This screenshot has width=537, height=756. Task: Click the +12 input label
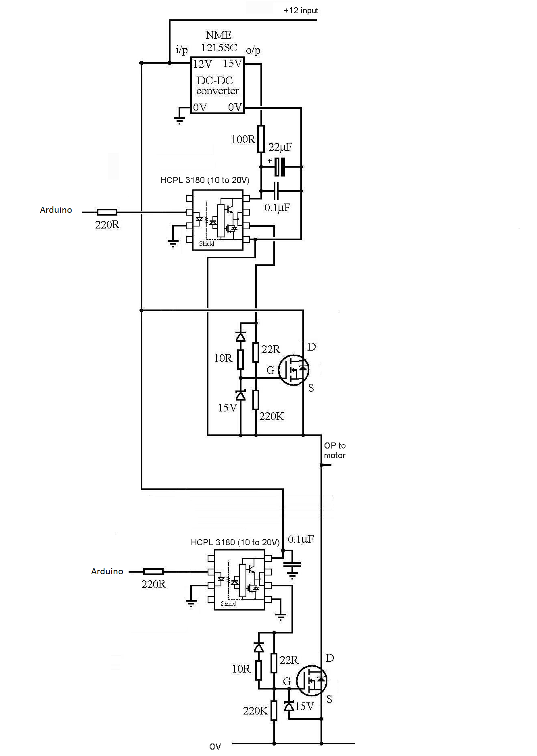point(301,10)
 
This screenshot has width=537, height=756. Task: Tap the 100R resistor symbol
point(261,139)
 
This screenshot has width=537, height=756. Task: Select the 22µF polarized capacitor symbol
point(280,166)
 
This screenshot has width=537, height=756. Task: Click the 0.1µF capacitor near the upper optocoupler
point(277,191)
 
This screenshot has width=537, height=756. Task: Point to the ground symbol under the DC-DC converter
point(179,120)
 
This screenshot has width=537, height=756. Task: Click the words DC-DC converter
point(217,85)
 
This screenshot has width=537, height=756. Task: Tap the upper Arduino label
point(56,210)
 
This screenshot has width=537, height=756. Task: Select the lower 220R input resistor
point(153,571)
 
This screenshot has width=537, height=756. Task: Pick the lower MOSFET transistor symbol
point(312,681)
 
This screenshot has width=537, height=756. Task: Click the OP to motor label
point(335,451)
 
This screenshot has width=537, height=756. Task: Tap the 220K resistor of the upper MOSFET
point(256,400)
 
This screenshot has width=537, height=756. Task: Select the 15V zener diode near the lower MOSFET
point(289,706)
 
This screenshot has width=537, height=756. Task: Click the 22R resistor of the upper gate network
point(256,352)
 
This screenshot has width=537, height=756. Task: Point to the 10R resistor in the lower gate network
point(259,670)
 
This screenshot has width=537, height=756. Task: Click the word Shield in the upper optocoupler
point(206,244)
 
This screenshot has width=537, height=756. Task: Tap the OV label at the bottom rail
point(215,746)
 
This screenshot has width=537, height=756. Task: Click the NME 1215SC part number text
point(219,41)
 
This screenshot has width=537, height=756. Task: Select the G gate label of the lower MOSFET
point(287,681)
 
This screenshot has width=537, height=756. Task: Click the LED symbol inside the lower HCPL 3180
point(221,580)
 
